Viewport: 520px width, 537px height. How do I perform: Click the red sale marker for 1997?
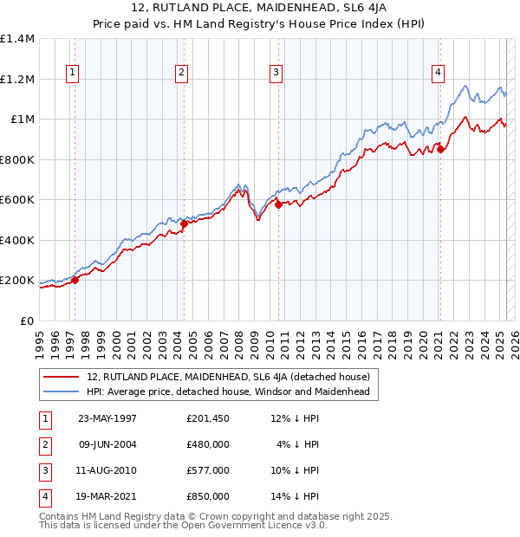click(x=75, y=280)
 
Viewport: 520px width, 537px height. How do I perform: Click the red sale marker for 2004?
click(x=184, y=223)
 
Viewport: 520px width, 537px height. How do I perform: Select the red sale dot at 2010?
click(x=278, y=204)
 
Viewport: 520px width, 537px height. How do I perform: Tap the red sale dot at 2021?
click(x=441, y=150)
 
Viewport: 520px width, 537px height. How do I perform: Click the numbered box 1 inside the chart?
click(x=70, y=73)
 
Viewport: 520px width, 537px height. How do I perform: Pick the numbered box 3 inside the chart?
click(x=275, y=73)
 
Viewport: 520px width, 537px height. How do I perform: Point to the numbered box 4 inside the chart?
click(x=439, y=73)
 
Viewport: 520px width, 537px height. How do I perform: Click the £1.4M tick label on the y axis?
click(x=16, y=39)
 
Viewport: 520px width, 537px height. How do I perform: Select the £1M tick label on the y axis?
click(x=21, y=120)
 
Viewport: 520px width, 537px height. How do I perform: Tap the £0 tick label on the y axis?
click(x=27, y=320)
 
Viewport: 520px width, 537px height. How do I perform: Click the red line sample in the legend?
click(x=62, y=377)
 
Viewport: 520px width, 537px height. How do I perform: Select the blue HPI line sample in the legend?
click(x=62, y=392)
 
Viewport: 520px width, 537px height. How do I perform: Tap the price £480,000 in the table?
click(x=207, y=445)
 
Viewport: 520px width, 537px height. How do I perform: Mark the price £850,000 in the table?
click(x=207, y=497)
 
